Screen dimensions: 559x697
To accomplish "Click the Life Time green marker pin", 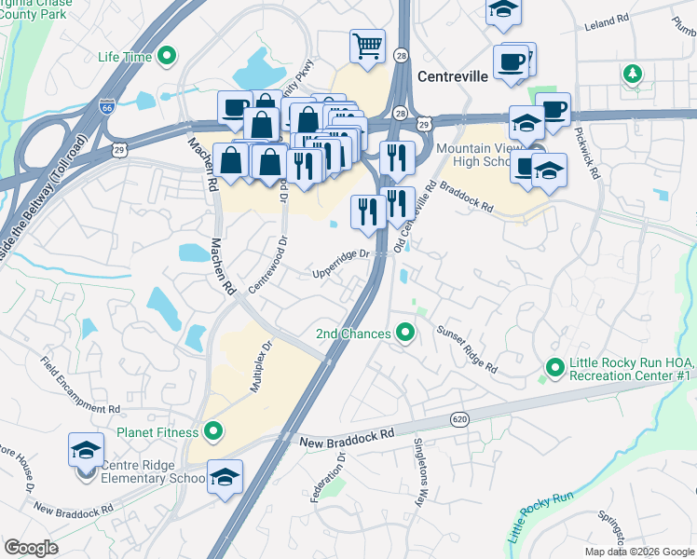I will pyautogui.click(x=168, y=57).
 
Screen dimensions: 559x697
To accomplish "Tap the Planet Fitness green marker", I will pyautogui.click(x=213, y=431).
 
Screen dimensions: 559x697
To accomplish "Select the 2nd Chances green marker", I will pyautogui.click(x=404, y=333).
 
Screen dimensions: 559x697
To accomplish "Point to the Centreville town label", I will pyautogui.click(x=454, y=77).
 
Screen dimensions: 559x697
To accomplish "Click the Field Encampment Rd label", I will pyautogui.click(x=81, y=384).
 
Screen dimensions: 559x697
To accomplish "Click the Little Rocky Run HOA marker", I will pyautogui.click(x=555, y=368).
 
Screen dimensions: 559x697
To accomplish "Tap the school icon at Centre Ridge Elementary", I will pyautogui.click(x=86, y=452).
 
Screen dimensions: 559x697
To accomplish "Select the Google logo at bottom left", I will pyautogui.click(x=31, y=548).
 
